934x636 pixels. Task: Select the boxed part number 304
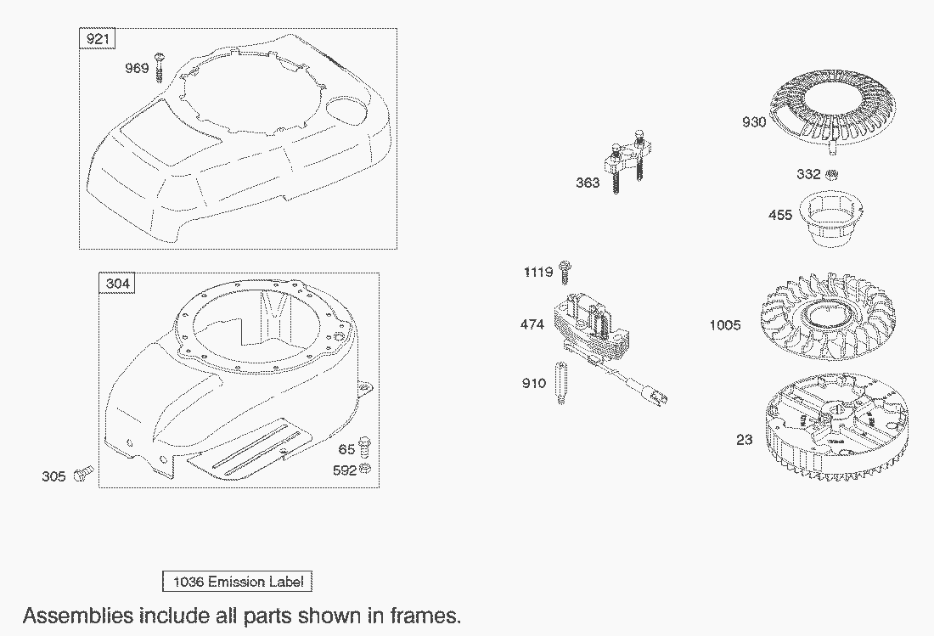118,284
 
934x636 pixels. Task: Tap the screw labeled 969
159,68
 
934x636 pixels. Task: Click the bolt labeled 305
83,474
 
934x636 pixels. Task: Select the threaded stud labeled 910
561,383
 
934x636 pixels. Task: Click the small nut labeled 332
833,175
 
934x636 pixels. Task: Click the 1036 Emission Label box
237,582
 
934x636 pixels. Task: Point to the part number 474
533,324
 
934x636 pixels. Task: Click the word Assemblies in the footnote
76,615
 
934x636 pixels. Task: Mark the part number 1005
725,325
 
